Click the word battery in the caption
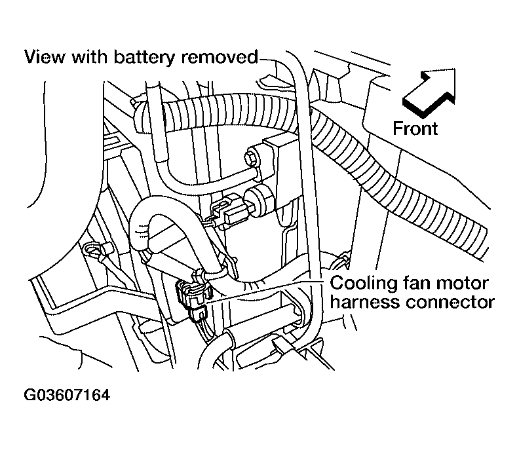[144, 58]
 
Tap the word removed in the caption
[220, 57]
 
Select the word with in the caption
[90, 56]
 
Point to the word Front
[415, 128]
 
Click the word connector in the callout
[450, 303]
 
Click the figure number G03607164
[67, 395]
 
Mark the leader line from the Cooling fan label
[264, 291]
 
